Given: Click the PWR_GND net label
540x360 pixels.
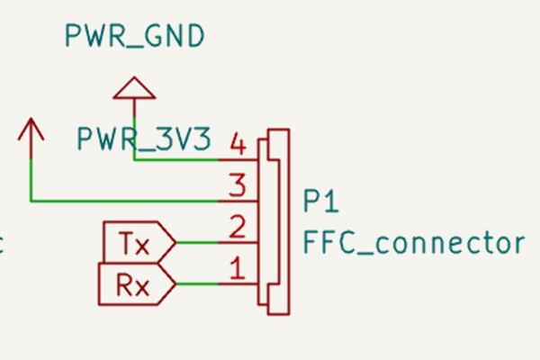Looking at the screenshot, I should (x=134, y=37).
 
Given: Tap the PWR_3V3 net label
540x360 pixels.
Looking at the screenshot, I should (x=144, y=140).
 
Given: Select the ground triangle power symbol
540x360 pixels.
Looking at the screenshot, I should (x=134, y=87).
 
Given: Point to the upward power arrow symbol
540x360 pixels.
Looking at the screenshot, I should (x=31, y=130).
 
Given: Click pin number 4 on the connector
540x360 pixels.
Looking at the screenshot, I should (x=238, y=143).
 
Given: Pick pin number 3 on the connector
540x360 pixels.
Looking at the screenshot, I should (x=238, y=186).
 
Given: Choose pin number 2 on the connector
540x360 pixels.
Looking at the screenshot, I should (x=238, y=227).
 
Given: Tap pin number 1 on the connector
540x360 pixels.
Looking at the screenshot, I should (x=238, y=268).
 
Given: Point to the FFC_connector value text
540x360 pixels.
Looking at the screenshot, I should (x=413, y=243).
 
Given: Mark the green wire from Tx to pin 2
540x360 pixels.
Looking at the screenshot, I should (x=198, y=242).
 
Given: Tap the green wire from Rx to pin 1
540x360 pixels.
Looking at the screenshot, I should (x=198, y=284).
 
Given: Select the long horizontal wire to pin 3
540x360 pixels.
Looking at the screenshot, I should (x=126, y=201).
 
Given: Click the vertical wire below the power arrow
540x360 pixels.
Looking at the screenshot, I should (x=31, y=175).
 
